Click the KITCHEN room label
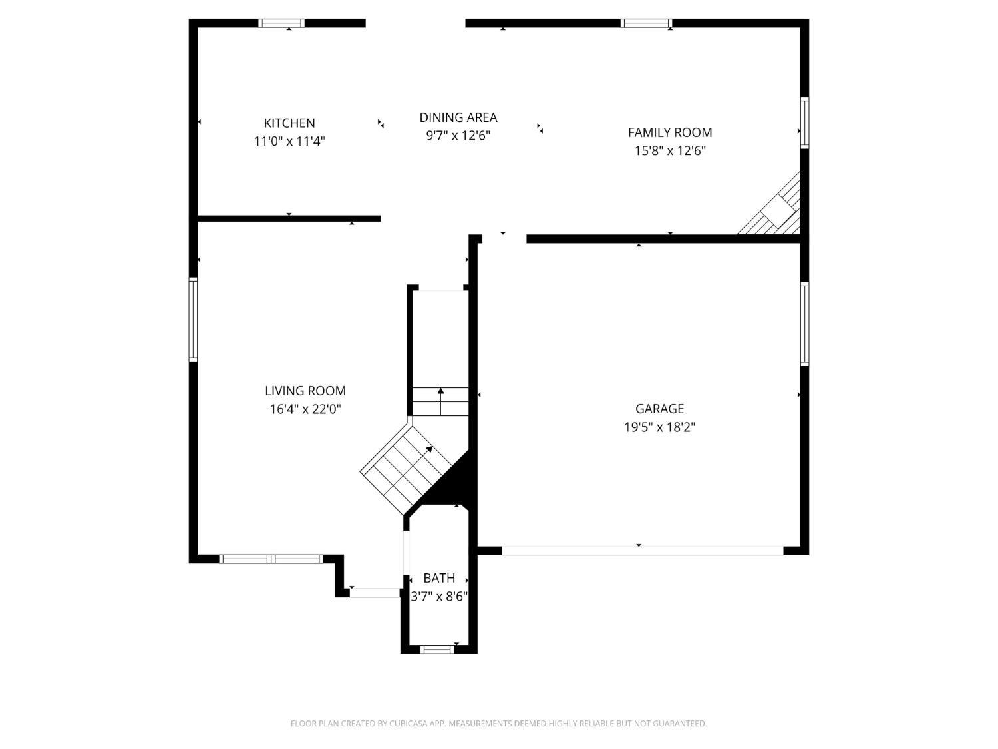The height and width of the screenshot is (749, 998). point(289,123)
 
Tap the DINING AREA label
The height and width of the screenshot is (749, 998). point(458,117)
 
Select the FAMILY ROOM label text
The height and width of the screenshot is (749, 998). point(670,132)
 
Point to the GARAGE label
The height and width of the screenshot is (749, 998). point(659,409)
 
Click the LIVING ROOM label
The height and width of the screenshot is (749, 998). point(305,391)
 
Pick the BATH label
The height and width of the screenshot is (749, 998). point(439,578)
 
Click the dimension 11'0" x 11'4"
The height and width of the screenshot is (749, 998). point(289,141)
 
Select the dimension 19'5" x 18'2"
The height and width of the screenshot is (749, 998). point(659,427)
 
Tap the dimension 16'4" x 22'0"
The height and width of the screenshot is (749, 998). point(305,409)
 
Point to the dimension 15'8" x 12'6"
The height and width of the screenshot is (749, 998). point(670,150)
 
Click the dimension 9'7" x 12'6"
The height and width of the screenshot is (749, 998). point(458,136)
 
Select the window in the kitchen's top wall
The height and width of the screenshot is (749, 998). point(281,23)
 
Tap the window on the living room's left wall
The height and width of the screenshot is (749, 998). point(194,320)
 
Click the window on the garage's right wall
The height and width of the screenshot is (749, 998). point(804,324)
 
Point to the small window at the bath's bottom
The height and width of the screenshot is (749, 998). point(437,649)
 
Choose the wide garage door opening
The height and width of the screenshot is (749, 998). point(642,551)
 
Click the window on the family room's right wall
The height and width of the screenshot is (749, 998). point(804,123)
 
